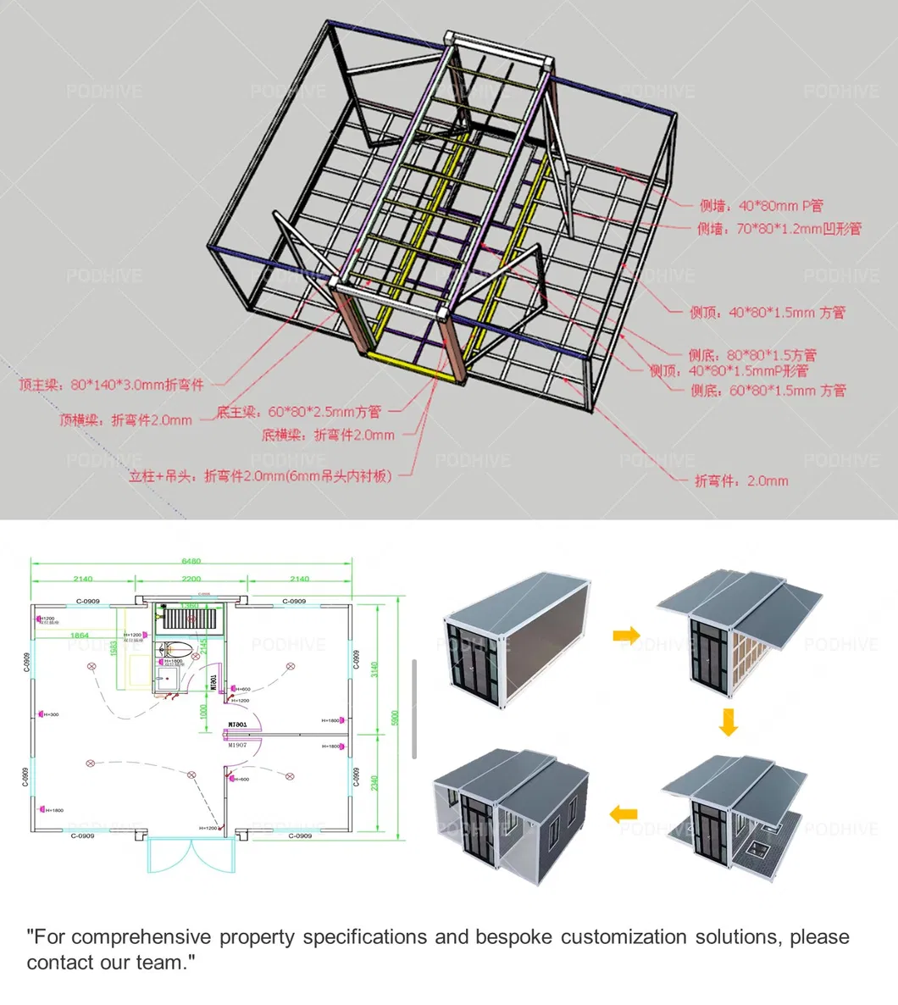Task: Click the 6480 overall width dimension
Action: point(191,561)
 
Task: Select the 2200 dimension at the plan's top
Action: point(191,580)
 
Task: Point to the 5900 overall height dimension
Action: point(393,717)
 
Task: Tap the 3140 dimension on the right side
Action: point(374,669)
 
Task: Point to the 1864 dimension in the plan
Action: point(79,635)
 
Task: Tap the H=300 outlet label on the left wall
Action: point(49,715)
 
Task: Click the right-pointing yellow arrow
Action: point(626,635)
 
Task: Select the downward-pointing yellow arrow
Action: point(728,723)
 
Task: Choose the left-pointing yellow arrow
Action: point(624,814)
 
